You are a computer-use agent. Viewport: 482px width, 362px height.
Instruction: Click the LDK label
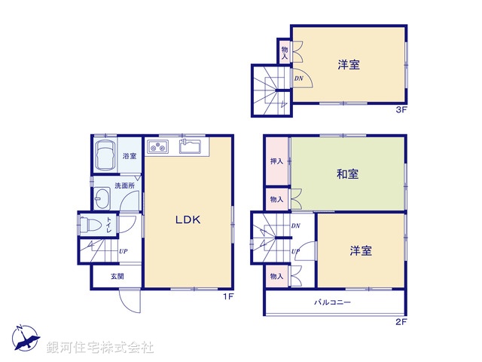point(188,220)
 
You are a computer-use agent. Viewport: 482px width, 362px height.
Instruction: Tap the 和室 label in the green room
point(348,173)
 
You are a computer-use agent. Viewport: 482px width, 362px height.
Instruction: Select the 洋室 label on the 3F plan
point(348,65)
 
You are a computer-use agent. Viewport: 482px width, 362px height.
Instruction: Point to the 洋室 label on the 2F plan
point(360,250)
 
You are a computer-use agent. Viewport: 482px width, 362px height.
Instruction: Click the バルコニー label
point(332,302)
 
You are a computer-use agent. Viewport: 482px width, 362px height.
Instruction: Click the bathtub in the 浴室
point(106,155)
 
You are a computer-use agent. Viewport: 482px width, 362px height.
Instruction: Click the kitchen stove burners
point(159,146)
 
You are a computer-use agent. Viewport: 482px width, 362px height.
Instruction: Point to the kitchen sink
point(190,145)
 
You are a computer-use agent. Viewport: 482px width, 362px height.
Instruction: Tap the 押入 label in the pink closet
point(276,161)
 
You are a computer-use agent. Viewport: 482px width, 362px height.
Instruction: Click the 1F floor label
point(228,296)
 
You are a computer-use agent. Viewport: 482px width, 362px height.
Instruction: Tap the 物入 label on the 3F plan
point(285,52)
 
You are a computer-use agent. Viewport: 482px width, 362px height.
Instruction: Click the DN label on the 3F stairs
point(298,78)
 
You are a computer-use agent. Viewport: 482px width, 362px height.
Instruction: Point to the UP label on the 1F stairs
point(122,251)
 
